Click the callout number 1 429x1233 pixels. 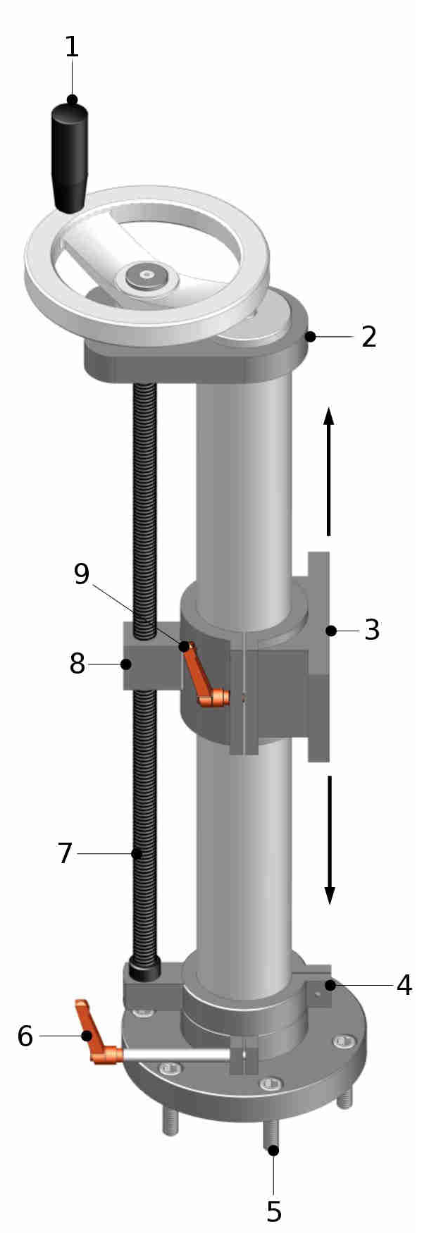tap(72, 48)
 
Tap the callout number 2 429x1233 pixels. tap(369, 337)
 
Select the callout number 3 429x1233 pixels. tap(372, 630)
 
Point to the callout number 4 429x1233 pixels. tap(404, 984)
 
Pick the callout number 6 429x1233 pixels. tap(25, 1036)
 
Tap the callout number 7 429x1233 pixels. tap(65, 853)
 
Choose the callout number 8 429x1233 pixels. tap(77, 663)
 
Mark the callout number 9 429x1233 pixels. tap(82, 574)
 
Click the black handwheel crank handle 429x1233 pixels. tap(70, 158)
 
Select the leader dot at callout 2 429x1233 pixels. tap(311, 337)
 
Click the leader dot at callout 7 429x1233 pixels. tap(137, 853)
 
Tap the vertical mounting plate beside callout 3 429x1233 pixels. tap(318, 655)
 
